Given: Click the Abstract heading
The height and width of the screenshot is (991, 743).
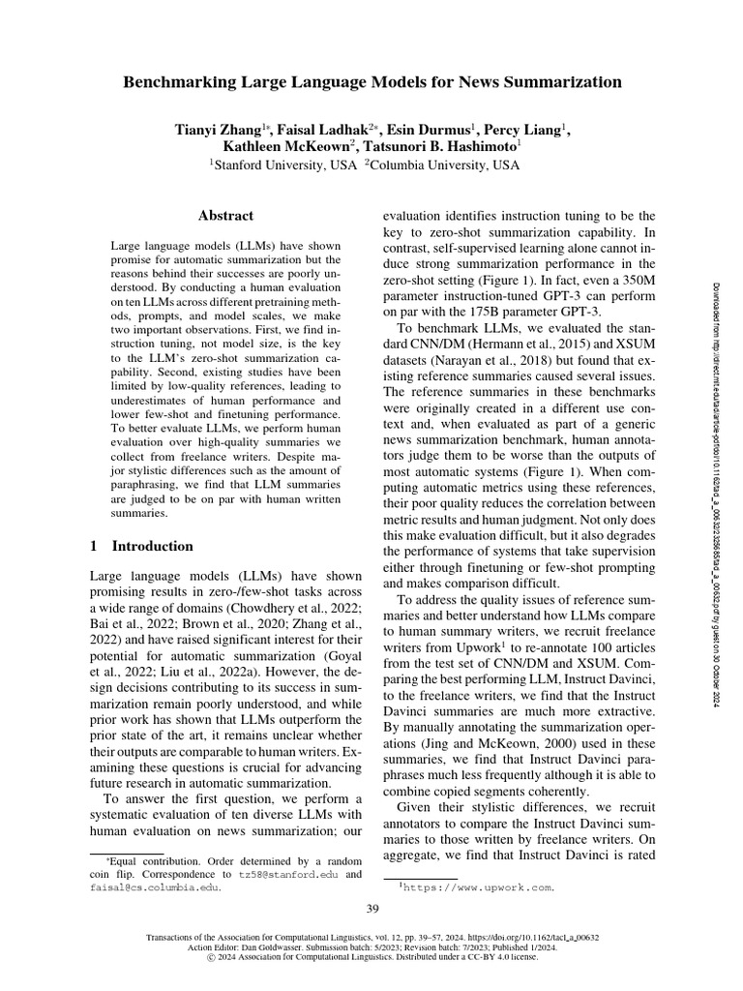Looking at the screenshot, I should [x=225, y=216].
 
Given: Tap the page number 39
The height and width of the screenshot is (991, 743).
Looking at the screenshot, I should [x=371, y=907].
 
